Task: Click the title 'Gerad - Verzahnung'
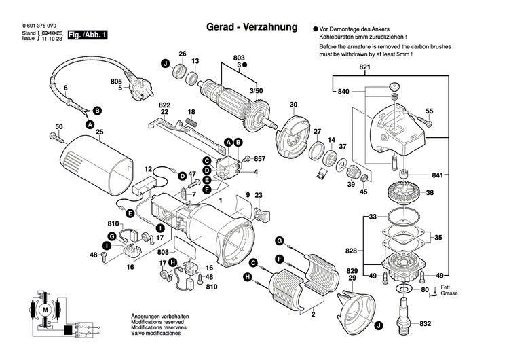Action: pos(252,28)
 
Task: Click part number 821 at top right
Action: pos(366,68)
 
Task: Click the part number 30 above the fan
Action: pos(293,105)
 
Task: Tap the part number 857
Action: pos(260,158)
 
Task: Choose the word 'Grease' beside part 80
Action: pos(448,293)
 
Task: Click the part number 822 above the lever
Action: pos(164,105)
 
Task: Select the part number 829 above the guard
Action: pos(352,271)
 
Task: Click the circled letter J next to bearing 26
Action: pos(164,64)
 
